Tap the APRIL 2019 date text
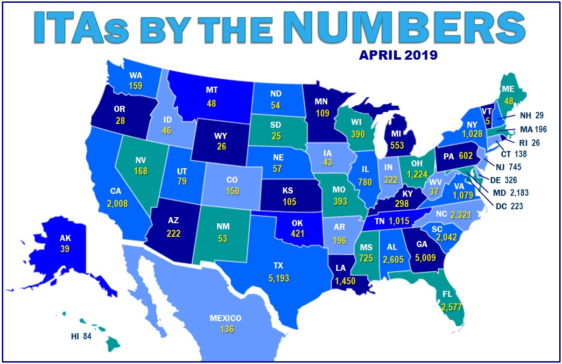(398, 55)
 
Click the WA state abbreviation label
(135, 76)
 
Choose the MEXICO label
(225, 319)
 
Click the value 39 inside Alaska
(65, 249)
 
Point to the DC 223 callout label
(513, 206)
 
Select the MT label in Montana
(211, 89)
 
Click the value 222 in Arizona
(173, 234)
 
